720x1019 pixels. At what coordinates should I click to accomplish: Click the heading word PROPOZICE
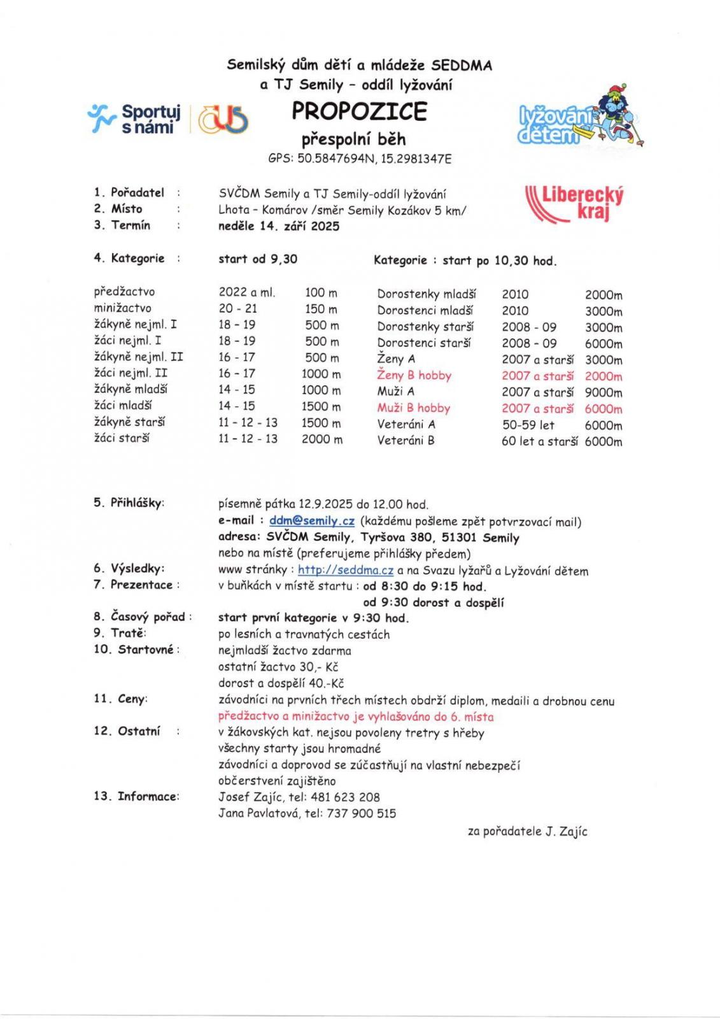click(359, 111)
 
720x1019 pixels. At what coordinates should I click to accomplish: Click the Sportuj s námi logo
click(136, 118)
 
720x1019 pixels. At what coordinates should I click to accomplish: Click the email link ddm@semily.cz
click(311, 521)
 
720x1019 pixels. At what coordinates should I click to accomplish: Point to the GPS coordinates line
click(360, 159)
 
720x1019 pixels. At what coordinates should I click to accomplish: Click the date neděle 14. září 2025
click(279, 226)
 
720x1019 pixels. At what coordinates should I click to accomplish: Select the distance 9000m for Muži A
click(603, 392)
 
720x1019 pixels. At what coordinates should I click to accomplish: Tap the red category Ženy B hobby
click(414, 376)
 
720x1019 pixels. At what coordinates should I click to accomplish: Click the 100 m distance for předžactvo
click(321, 293)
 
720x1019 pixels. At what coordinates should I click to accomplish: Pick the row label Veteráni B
click(406, 441)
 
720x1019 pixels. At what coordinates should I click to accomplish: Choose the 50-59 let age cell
click(528, 425)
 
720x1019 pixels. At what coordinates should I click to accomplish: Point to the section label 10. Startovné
click(136, 650)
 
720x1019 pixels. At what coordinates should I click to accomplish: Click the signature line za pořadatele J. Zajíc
click(527, 831)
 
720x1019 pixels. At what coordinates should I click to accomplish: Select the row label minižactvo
click(123, 308)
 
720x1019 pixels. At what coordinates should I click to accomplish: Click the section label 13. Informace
click(136, 796)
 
